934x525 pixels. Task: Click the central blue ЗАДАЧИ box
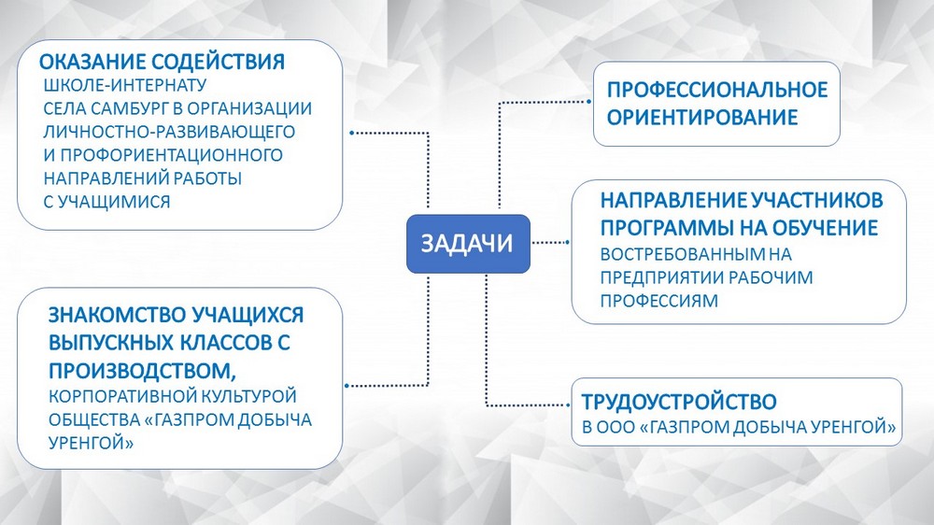[468, 244]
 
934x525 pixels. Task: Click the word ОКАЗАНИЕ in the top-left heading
[92, 62]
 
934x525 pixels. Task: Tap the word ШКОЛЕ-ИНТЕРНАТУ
[125, 85]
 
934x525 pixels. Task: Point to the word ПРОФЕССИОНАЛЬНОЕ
[717, 90]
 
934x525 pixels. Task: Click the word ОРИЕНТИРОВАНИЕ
[702, 117]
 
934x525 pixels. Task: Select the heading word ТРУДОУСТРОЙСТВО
[679, 402]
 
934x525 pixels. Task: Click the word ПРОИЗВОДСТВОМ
[142, 371]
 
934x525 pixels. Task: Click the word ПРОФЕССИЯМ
[658, 301]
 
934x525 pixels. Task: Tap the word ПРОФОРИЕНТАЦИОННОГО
[172, 155]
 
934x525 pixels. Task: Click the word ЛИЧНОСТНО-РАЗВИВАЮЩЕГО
[169, 132]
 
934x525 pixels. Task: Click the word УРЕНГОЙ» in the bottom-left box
[92, 444]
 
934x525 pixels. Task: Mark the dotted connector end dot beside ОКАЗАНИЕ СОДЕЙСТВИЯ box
[351, 133]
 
